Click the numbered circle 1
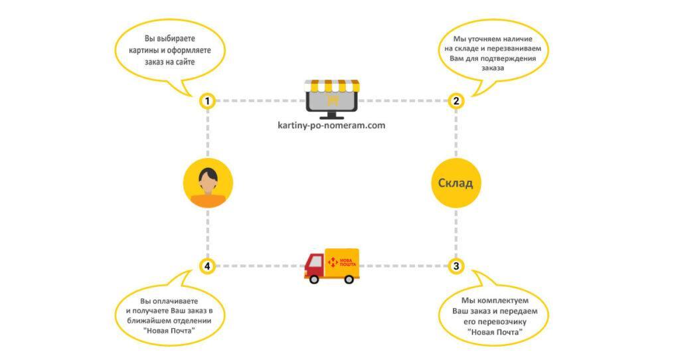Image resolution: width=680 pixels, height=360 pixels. click(x=208, y=101)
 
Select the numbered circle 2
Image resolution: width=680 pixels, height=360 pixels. click(x=456, y=101)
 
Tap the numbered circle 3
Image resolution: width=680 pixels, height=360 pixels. click(x=456, y=266)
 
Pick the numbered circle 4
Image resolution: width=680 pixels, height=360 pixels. click(x=208, y=266)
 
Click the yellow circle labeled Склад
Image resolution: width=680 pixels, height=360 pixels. click(x=456, y=183)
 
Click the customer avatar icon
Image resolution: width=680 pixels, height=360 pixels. click(x=208, y=183)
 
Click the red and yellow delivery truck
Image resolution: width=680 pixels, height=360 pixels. click(x=331, y=266)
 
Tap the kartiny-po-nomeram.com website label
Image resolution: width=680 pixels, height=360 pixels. click(x=332, y=125)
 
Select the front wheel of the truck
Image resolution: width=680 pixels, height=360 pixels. click(x=313, y=278)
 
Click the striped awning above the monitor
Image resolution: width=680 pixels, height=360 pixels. click(x=331, y=86)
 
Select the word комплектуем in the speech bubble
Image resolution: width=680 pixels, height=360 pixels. click(x=499, y=301)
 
